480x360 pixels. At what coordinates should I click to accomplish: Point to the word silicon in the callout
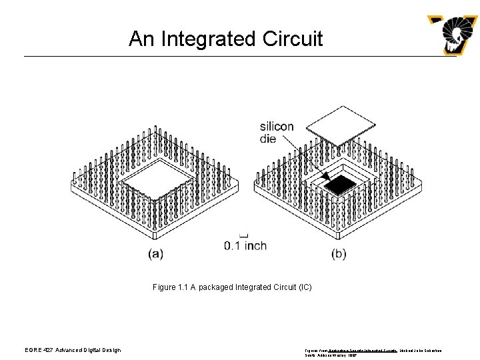click(x=276, y=127)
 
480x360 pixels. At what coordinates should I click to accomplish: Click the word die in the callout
click(x=269, y=139)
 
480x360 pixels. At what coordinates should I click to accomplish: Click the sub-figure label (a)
click(x=155, y=253)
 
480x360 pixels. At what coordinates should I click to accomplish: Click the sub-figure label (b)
click(x=339, y=253)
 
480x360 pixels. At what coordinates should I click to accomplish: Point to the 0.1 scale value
click(x=233, y=245)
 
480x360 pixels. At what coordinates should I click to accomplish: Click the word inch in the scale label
click(x=255, y=245)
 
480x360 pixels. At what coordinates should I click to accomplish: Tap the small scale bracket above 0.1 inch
click(x=243, y=234)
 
